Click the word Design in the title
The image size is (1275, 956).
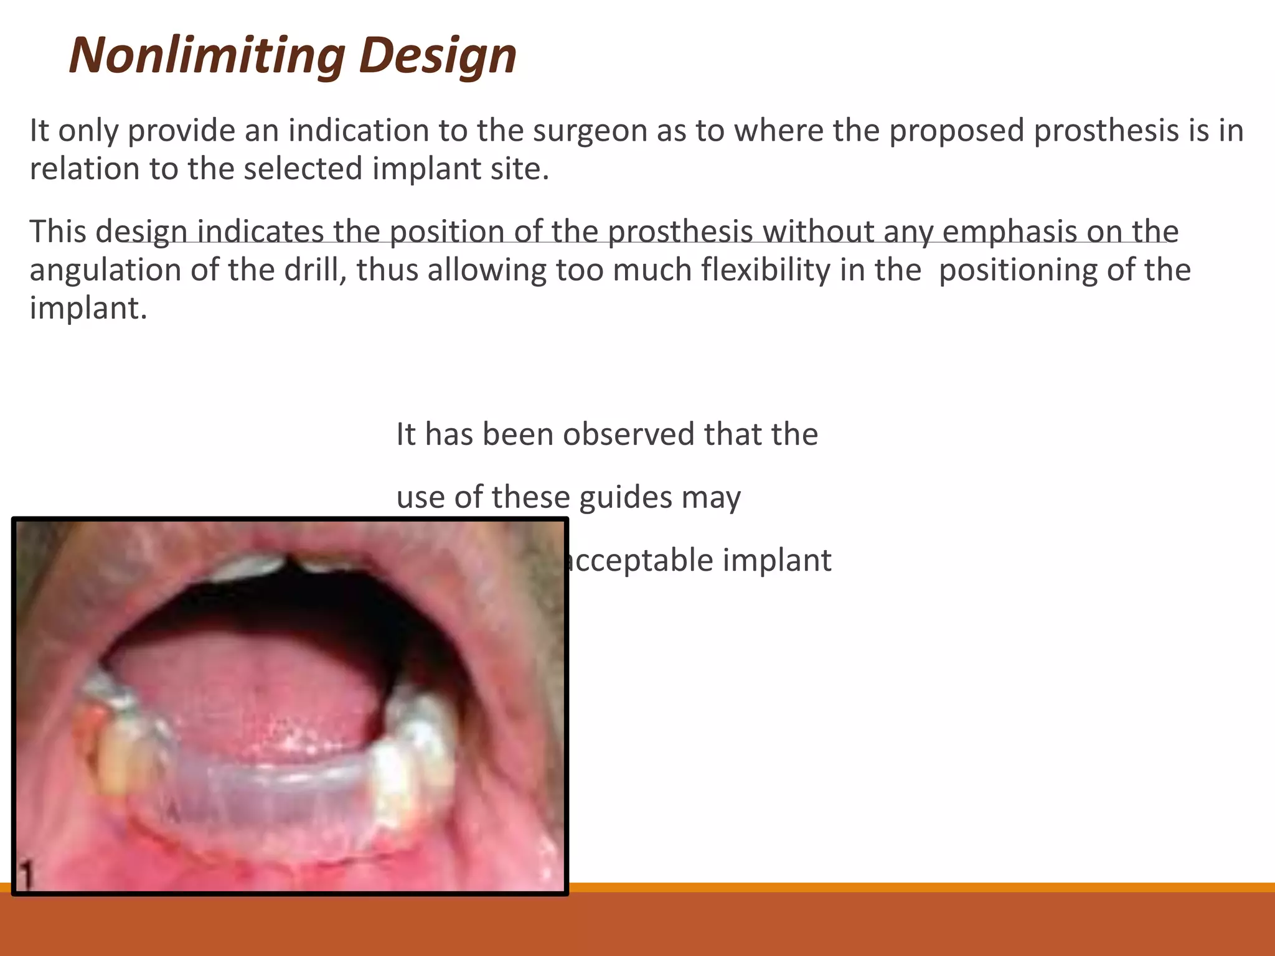[438, 55]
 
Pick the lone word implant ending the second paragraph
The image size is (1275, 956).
[87, 309]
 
